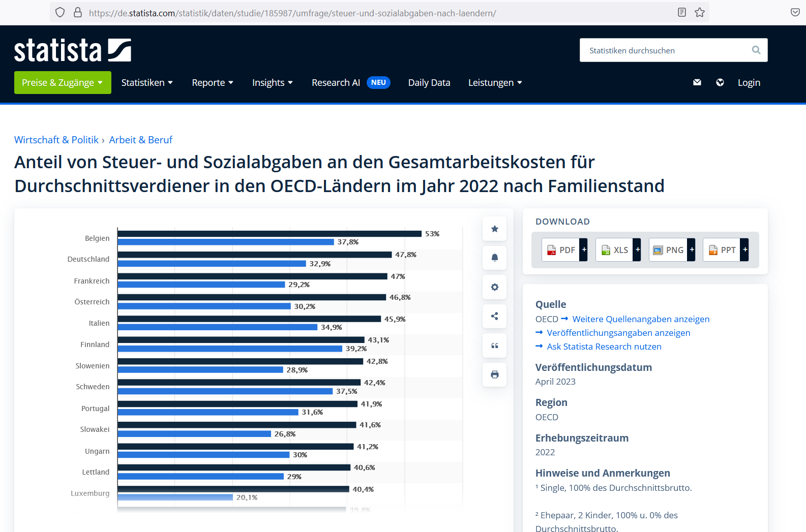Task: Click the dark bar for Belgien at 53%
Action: pyautogui.click(x=270, y=234)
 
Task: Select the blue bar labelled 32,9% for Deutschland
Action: pyautogui.click(x=212, y=264)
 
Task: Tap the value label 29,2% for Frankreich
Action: pyautogui.click(x=299, y=285)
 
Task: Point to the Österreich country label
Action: pyautogui.click(x=92, y=302)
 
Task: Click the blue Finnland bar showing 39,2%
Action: pyautogui.click(x=230, y=349)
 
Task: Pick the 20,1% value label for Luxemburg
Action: pyautogui.click(x=247, y=497)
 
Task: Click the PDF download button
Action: pyautogui.click(x=561, y=250)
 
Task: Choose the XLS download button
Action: pyautogui.click(x=615, y=250)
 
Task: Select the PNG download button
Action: pyautogui.click(x=669, y=250)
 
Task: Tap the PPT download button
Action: pyautogui.click(x=722, y=250)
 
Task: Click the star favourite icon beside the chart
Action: pyautogui.click(x=494, y=229)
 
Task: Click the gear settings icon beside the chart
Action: pyautogui.click(x=494, y=287)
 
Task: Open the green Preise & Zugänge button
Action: pyautogui.click(x=63, y=83)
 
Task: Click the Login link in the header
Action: pyautogui.click(x=749, y=83)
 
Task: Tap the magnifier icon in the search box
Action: pyautogui.click(x=756, y=50)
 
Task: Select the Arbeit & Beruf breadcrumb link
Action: pyautogui.click(x=140, y=140)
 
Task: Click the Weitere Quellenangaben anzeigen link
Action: pyautogui.click(x=641, y=319)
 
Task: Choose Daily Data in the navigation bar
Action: pyautogui.click(x=429, y=83)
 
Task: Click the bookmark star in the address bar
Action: pyautogui.click(x=700, y=13)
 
